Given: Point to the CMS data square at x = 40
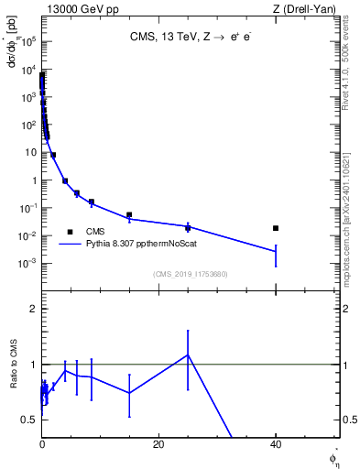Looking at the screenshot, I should (276, 228).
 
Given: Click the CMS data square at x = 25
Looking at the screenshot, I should (188, 228).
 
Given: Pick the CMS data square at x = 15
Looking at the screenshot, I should (129, 215).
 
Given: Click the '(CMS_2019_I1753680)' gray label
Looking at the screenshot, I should (190, 273).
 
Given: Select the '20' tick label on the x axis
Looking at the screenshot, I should (158, 444).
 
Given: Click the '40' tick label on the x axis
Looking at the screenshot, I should (275, 444).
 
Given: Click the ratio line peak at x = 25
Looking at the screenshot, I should (188, 354).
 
